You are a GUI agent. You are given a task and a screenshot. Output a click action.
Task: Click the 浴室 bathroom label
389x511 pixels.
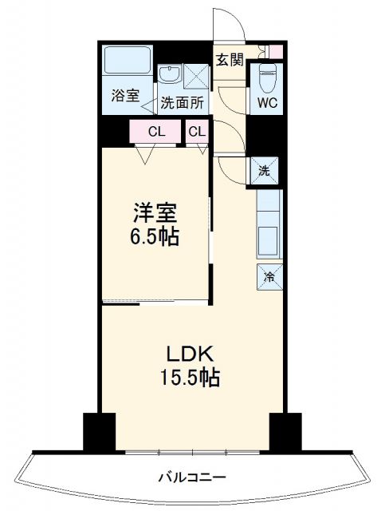coord(124,96)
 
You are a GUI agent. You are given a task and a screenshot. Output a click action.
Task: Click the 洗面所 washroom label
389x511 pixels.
coord(183,103)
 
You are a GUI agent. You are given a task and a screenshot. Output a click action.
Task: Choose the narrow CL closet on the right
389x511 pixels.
coord(198,132)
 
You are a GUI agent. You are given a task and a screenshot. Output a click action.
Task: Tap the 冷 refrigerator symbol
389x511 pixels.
coord(269,277)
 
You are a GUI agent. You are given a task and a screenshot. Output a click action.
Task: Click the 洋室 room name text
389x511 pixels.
coord(155,214)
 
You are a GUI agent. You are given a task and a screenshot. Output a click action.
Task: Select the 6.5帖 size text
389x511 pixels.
coord(155,237)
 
